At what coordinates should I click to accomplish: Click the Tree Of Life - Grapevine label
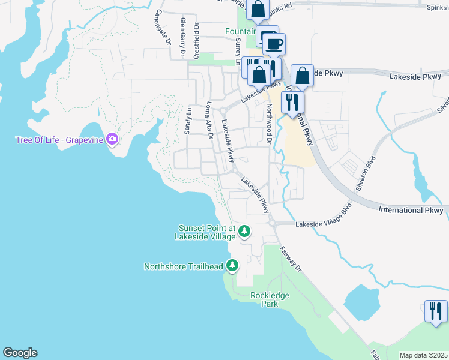tap(59, 140)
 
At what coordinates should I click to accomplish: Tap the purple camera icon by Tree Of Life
tap(112, 140)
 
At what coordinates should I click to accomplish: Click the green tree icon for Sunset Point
tap(244, 230)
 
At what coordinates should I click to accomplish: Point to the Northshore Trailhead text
tap(184, 266)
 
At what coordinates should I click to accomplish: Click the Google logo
tap(20, 353)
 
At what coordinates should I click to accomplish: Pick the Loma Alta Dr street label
tap(209, 119)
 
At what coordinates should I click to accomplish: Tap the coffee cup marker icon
tap(274, 44)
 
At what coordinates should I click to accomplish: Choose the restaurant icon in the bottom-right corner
tap(435, 310)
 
